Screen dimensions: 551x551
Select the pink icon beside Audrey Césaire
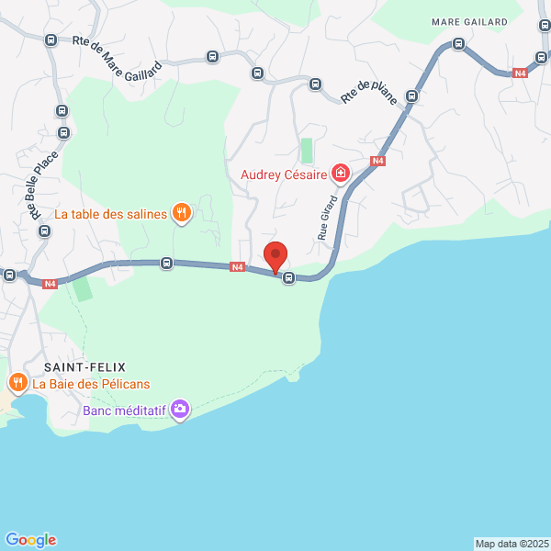(x=341, y=173)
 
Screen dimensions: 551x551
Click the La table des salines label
(x=110, y=214)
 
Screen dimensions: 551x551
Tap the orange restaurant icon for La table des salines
(x=182, y=213)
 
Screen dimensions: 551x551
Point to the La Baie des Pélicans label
(x=91, y=384)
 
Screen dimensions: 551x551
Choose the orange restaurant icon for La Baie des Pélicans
(x=17, y=382)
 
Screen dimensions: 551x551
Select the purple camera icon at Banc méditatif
(x=181, y=409)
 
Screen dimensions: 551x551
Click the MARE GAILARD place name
(x=469, y=22)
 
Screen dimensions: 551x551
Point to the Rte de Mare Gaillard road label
(x=117, y=54)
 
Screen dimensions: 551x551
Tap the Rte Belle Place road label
(x=43, y=185)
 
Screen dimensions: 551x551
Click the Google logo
(x=30, y=540)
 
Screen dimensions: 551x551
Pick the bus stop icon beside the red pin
(x=289, y=277)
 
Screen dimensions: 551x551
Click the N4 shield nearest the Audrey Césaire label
(x=377, y=161)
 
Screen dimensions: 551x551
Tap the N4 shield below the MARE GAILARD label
(x=520, y=73)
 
